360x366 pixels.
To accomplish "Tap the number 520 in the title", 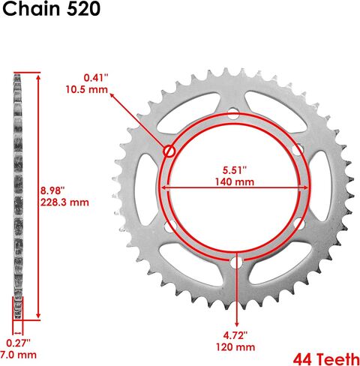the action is point(81,9).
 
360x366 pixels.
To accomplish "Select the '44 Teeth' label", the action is point(326,359).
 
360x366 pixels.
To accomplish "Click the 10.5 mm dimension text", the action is point(87,89).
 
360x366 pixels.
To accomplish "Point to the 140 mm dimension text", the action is point(235,181).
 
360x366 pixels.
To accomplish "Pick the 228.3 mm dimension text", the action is point(64,202).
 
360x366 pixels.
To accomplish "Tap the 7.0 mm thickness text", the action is point(18,355).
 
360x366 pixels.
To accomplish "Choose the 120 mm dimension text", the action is point(235,347).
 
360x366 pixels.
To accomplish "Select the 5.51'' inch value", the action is point(235,170).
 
